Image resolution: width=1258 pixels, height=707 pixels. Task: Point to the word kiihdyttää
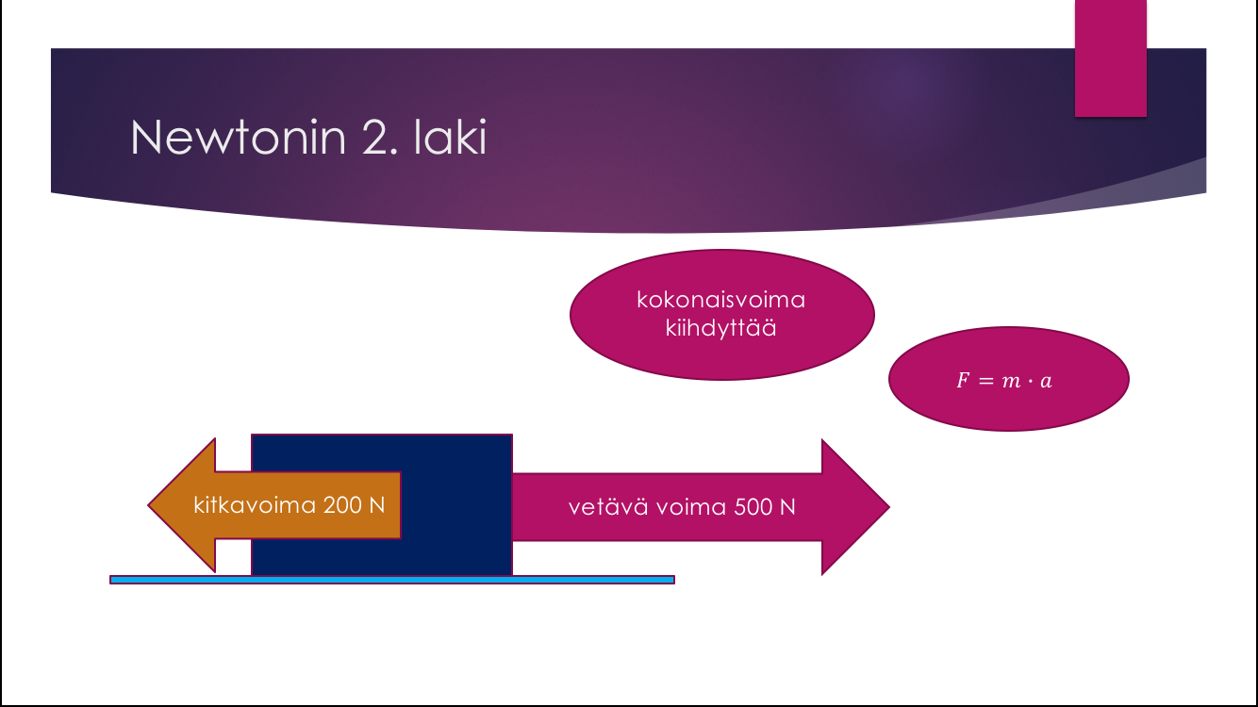click(x=721, y=329)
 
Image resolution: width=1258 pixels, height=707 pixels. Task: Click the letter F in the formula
click(x=963, y=382)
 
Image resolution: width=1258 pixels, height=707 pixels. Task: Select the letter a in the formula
click(x=1046, y=382)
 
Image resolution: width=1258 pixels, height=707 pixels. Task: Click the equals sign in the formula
click(x=987, y=382)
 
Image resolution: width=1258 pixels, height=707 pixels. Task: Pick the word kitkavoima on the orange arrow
click(x=254, y=504)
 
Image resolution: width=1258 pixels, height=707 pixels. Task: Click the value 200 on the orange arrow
click(x=341, y=504)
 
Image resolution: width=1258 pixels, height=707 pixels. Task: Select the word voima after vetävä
click(x=684, y=506)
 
